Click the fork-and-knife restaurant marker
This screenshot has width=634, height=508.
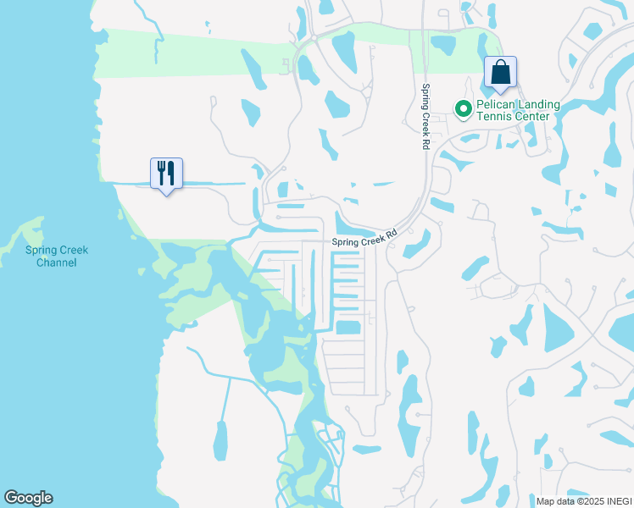166,174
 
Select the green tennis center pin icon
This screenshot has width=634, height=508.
464,109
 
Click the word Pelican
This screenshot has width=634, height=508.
497,104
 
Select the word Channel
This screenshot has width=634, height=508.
57,262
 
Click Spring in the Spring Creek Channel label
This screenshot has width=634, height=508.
42,251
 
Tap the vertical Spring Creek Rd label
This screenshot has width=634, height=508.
426,117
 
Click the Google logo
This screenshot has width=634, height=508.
28,498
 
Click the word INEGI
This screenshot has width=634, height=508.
619,501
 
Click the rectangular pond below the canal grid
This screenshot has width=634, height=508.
348,328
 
